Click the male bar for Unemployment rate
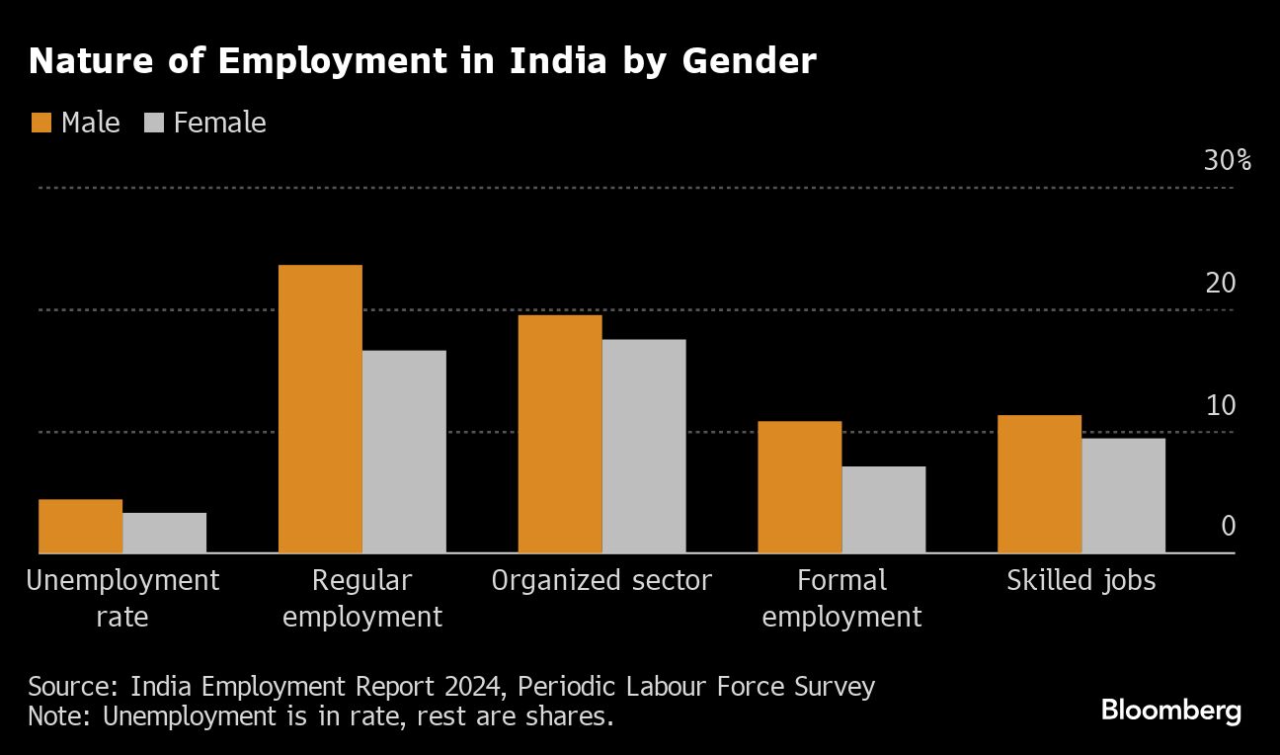pos(81,526)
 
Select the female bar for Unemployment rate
pos(165,533)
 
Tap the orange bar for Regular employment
pos(320,409)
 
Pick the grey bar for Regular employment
pos(404,452)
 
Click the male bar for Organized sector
pos(560,434)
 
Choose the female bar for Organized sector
pos(644,446)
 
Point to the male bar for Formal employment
pos(800,487)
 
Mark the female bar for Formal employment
pos(884,509)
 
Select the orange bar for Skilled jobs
pos(1039,484)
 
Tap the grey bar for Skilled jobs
pos(1123,495)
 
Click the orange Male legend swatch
pos(40,123)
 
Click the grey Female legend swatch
pos(154,123)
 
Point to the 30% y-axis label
pos(1227,161)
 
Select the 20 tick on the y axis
pos(1221,284)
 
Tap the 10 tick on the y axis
pos(1221,406)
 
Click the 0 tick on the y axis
pos(1228,526)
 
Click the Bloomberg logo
pos(1170,711)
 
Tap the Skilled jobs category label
pos(1080,580)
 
